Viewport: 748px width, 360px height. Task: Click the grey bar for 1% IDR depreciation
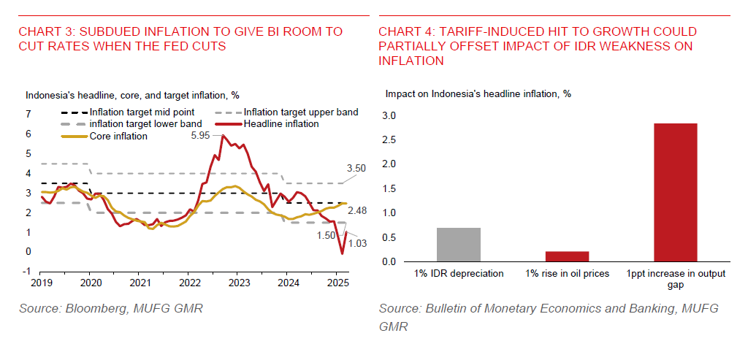(x=459, y=245)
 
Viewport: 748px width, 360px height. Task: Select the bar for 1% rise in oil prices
(x=567, y=256)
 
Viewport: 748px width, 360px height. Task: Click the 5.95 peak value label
(x=199, y=136)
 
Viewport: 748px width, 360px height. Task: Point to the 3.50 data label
(x=356, y=168)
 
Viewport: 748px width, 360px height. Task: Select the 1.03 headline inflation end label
(x=359, y=244)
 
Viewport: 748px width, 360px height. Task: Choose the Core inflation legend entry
(x=118, y=136)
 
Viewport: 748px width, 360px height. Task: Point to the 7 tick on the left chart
(x=28, y=115)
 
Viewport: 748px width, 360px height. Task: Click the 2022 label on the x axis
(x=189, y=282)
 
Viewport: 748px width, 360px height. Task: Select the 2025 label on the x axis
(x=337, y=282)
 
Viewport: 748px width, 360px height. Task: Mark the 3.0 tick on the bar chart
(x=389, y=115)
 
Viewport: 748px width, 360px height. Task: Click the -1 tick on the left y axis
(x=28, y=272)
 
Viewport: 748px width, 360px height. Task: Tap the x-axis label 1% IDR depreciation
(x=459, y=274)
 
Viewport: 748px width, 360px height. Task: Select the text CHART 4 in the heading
(x=402, y=32)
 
